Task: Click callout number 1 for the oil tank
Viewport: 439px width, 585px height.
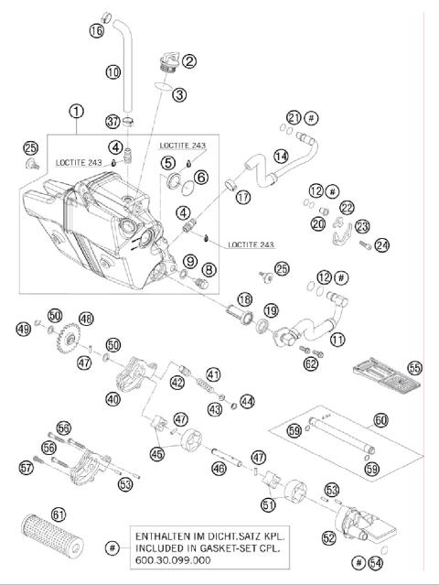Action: coord(76,113)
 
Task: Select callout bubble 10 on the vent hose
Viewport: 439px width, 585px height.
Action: coord(113,70)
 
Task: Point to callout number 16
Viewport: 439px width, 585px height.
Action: coord(97,30)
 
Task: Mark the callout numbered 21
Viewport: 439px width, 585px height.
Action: coord(293,117)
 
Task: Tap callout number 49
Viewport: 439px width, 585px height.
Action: coord(23,327)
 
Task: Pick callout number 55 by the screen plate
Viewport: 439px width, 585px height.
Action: coord(415,367)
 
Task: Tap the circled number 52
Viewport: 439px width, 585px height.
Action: coord(327,538)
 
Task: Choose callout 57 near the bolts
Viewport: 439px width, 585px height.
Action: coord(27,468)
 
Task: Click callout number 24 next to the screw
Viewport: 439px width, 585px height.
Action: coord(381,244)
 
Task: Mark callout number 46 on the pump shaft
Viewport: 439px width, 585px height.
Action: coord(218,468)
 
